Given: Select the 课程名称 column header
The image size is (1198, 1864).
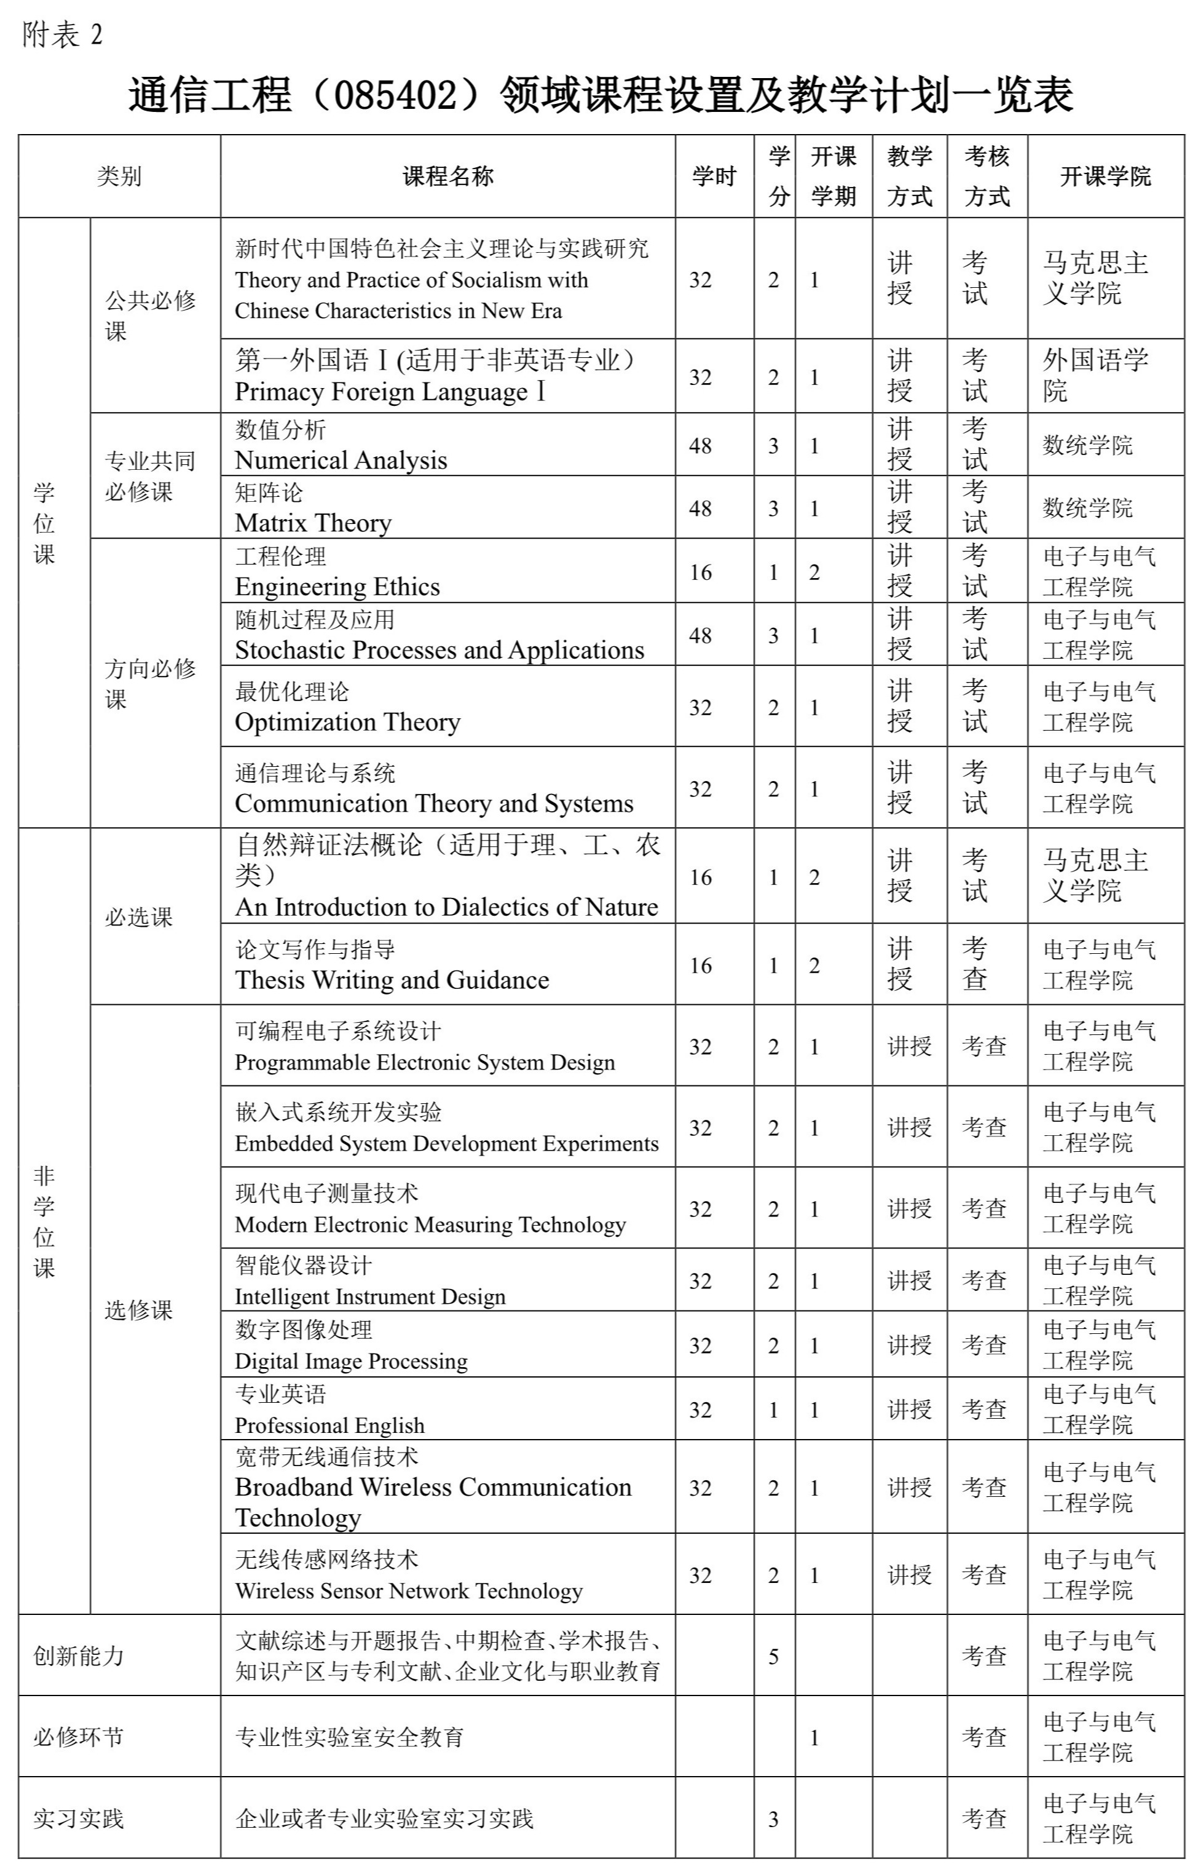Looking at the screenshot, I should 447,176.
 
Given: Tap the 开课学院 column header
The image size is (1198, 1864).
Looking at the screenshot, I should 1105,176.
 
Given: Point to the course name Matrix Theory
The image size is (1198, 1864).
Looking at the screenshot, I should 313,523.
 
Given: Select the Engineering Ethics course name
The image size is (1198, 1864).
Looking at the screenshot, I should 337,586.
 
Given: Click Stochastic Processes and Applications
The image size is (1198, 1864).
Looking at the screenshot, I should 439,650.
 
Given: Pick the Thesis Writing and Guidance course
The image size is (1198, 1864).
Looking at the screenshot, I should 392,979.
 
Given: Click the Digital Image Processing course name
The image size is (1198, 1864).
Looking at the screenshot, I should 351,1360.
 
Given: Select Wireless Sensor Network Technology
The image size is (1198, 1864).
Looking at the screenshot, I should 408,1591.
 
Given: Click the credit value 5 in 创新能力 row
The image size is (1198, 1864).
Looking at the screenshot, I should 773,1656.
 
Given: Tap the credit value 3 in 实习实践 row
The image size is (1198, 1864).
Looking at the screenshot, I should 773,1820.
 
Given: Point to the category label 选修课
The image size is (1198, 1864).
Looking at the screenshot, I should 138,1310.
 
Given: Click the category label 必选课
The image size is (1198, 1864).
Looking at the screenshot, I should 138,917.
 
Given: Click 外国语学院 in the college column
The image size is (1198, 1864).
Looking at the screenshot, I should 1095,375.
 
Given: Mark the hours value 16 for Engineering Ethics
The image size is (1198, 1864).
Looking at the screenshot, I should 700,572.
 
